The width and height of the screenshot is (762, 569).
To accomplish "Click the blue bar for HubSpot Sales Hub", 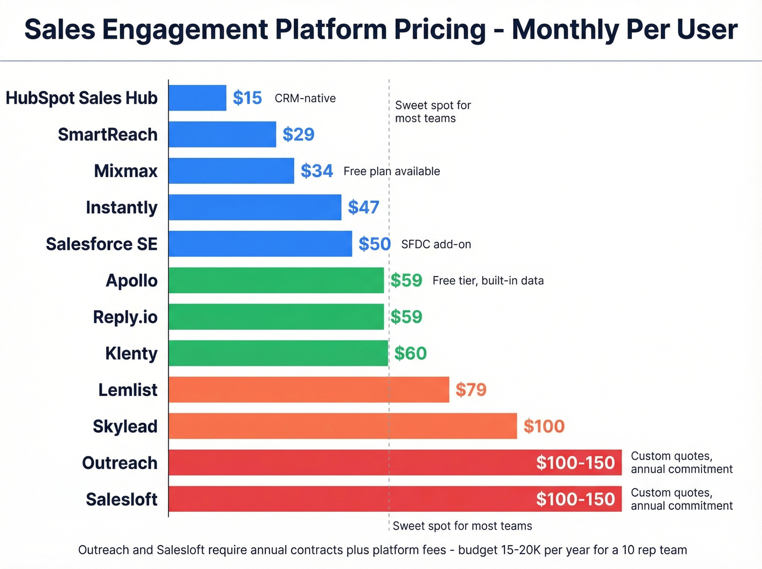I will (197, 98).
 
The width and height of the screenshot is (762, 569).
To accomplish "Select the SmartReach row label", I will (108, 134).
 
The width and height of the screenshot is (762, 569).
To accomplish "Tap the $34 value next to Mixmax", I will (316, 171).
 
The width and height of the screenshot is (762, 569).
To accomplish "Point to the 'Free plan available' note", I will (391, 172).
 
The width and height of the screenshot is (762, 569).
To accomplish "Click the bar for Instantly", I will (255, 207).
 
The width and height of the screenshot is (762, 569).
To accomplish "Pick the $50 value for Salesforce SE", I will (374, 244).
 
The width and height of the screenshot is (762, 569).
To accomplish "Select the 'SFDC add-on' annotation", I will (436, 244).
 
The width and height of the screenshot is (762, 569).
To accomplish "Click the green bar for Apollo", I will (276, 280).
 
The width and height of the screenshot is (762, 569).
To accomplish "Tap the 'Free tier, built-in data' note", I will (488, 281).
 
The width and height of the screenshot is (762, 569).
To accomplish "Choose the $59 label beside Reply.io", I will (406, 317).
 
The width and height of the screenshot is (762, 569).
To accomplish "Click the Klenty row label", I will (131, 353).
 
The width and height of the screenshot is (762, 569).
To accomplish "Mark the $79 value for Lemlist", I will (471, 390).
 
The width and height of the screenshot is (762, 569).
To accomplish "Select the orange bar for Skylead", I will (342, 426).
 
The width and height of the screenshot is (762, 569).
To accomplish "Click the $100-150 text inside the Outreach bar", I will (575, 463).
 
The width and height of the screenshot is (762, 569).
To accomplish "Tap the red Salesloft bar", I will (348, 499).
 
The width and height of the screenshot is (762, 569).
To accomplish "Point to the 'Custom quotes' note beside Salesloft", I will (681, 499).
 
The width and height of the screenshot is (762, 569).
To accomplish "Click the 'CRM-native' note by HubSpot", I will (305, 99).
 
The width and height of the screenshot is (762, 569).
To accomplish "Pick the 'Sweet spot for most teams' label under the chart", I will (462, 526).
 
